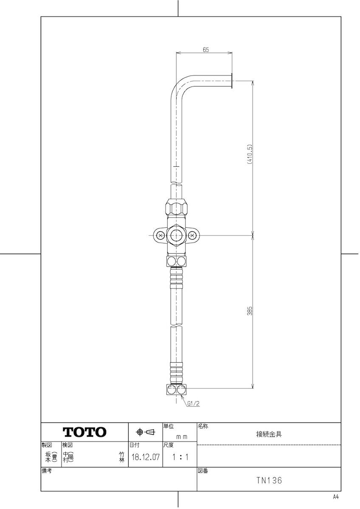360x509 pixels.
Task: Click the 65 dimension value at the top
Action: pos(205,50)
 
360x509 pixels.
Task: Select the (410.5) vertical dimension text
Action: pos(250,154)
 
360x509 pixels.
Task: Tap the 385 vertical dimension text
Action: pos(250,310)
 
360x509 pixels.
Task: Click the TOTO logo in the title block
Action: pos(84,432)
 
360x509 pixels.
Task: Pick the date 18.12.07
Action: pos(146,457)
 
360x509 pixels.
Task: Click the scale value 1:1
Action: pos(180,457)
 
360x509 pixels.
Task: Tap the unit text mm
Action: pos(182,437)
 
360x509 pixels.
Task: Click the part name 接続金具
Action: pos(269,434)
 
